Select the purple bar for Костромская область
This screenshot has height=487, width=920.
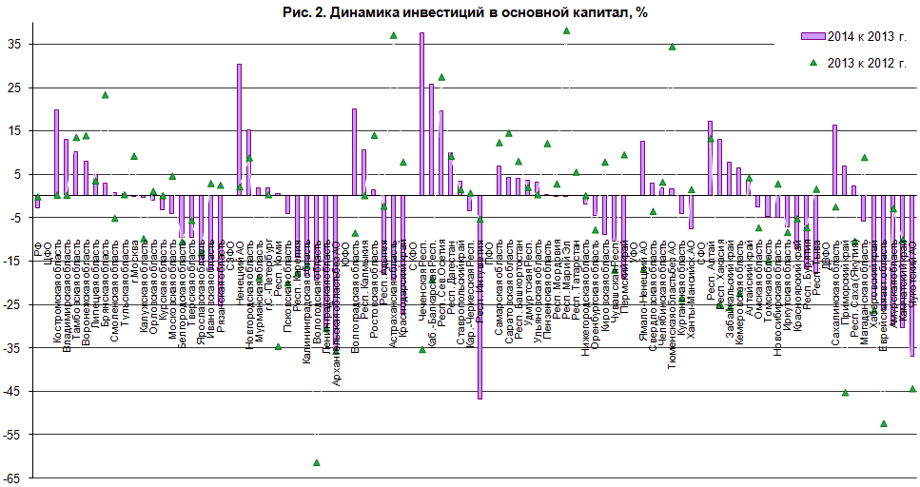click(x=56, y=152)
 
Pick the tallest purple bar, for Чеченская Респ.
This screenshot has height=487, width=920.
click(x=421, y=114)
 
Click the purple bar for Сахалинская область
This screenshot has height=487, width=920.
click(x=834, y=160)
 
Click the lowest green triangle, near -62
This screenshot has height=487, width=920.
click(x=316, y=462)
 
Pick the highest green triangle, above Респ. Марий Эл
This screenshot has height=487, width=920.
click(x=566, y=30)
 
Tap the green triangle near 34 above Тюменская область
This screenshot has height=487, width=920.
click(x=672, y=47)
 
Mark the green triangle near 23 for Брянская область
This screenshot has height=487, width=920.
click(x=105, y=95)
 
